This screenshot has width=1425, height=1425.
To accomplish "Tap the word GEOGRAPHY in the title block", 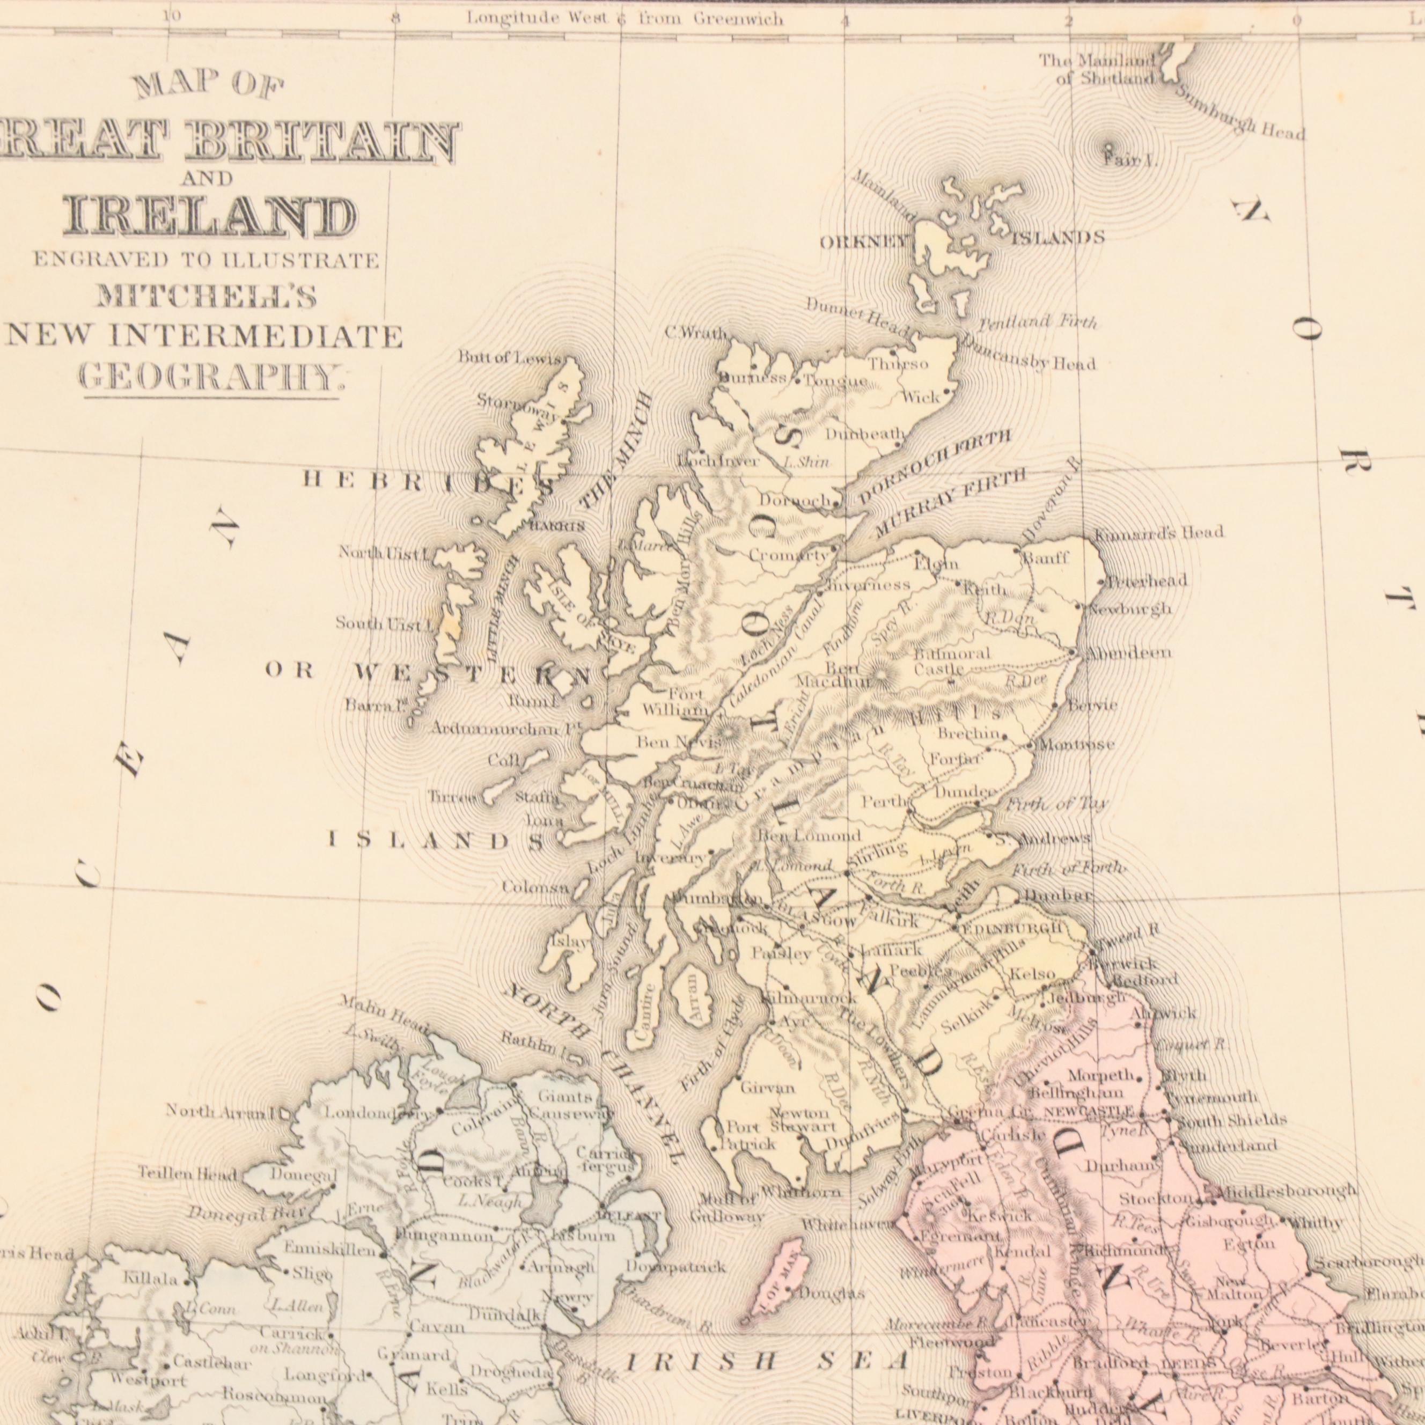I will tap(211, 378).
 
